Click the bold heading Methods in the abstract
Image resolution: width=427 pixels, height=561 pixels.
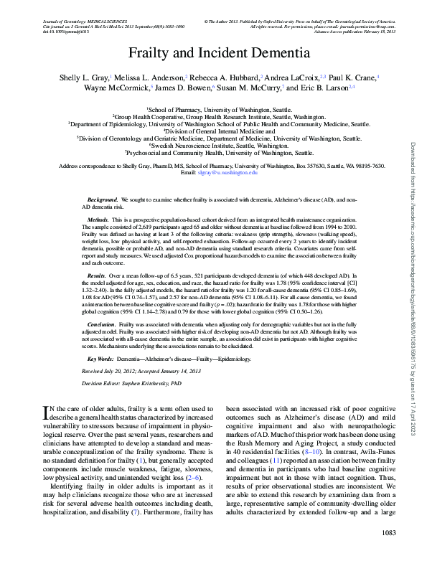pos(98,217)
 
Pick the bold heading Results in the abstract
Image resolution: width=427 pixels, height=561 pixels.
pos(97,275)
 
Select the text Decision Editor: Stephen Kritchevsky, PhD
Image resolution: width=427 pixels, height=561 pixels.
pos(131,383)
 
